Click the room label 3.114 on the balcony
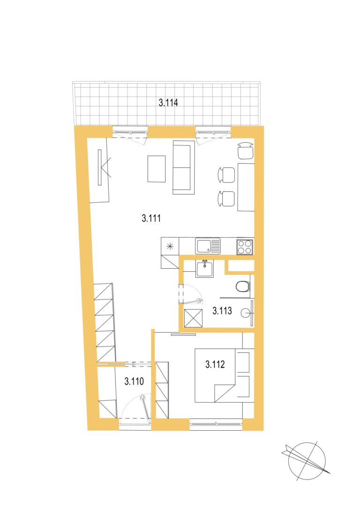pos(168,103)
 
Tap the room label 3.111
pos(151,218)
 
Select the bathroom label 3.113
pos(222,311)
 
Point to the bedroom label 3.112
pos(215,364)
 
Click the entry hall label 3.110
pos(134,381)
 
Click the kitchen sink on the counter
pos(208,246)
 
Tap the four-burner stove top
pos(245,247)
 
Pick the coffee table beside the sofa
pos(157,169)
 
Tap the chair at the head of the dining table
pos(246,151)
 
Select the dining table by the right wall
pos(246,187)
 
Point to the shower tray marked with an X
pos(193,318)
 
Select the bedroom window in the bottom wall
pos(216,424)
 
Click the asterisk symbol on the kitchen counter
pos(170,246)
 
